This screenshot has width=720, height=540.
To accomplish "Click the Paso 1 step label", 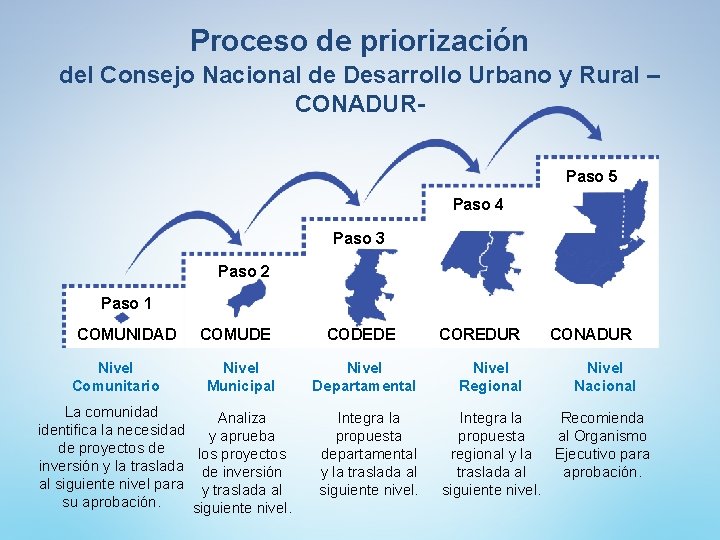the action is (x=126, y=303).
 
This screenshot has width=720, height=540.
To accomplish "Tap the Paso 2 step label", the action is (x=243, y=271).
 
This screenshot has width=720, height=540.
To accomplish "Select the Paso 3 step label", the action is (x=358, y=238).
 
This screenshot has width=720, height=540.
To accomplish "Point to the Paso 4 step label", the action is (x=478, y=204).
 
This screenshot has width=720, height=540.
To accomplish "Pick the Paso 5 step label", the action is (x=591, y=176).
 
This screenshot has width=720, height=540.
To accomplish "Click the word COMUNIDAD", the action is (x=126, y=334).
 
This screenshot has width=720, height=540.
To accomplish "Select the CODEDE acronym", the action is (x=361, y=334).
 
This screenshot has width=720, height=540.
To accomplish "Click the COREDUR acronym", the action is (x=480, y=334).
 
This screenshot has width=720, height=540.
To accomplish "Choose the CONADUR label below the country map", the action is (x=591, y=334).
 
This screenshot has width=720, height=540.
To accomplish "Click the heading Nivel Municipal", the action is (x=241, y=377).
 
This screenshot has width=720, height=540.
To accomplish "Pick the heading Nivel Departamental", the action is (x=364, y=377).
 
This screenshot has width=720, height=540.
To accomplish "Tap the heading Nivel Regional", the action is (x=490, y=377).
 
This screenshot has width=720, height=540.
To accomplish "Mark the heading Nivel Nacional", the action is (x=604, y=377).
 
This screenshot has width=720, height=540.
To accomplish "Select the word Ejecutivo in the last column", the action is (x=590, y=454).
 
